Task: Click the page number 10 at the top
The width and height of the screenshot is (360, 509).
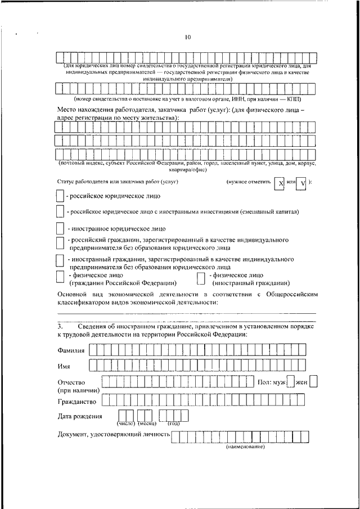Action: click(x=188, y=38)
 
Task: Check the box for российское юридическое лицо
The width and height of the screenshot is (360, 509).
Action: click(x=60, y=197)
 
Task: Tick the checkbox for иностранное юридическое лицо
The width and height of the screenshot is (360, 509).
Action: click(x=60, y=229)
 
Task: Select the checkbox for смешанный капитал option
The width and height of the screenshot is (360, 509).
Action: click(x=60, y=212)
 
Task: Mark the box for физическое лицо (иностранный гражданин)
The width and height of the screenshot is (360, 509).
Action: click(x=200, y=278)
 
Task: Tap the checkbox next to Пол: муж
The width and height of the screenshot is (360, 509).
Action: click(x=290, y=382)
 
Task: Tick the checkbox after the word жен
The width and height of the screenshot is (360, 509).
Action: click(x=313, y=382)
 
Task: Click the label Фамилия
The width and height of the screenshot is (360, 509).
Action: click(x=71, y=350)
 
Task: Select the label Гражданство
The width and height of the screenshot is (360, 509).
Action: click(x=77, y=402)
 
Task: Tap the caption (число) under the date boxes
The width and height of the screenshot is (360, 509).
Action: click(x=125, y=423)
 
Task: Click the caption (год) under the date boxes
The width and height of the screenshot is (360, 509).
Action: click(x=173, y=423)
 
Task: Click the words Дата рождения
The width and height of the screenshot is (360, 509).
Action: click(x=80, y=417)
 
